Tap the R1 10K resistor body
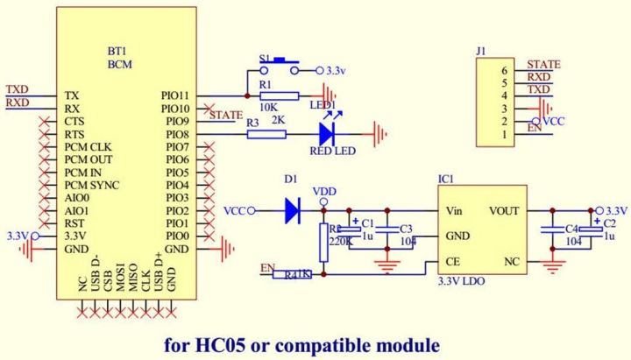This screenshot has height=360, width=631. point(280,95)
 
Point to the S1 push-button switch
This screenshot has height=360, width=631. point(281,67)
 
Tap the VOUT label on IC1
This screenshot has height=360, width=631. point(504,211)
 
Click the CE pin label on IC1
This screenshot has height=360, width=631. point(452,262)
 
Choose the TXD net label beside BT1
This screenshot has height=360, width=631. point(17,89)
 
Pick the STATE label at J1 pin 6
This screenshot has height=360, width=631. point(543,64)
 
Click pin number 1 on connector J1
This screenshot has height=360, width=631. point(503,136)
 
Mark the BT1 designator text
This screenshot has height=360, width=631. point(118,52)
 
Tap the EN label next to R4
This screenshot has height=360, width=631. point(268,266)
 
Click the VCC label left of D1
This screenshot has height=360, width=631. point(234,211)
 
